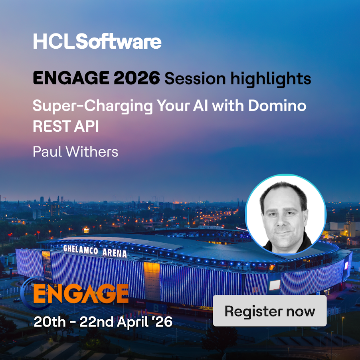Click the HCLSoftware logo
[x=97, y=42]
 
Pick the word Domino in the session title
[x=277, y=106]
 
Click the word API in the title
[x=85, y=126]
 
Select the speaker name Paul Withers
[x=75, y=152]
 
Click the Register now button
[x=270, y=311]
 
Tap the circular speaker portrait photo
[x=285, y=215]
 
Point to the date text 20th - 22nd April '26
[x=103, y=322]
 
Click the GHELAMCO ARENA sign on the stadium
[x=95, y=251]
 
